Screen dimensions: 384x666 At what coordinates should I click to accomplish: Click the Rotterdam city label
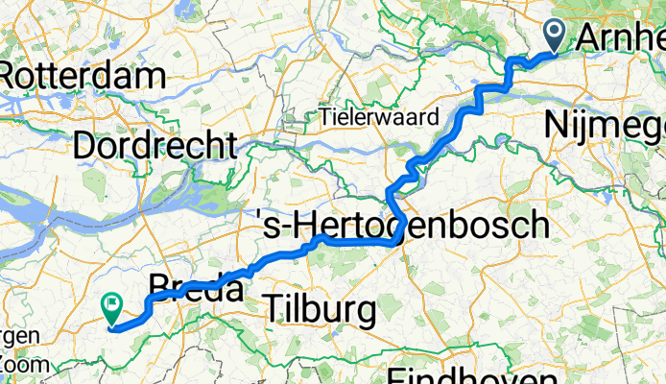point(84,75)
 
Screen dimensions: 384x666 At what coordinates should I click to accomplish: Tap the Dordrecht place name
point(154,147)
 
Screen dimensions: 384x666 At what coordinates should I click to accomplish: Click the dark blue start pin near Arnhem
point(556,35)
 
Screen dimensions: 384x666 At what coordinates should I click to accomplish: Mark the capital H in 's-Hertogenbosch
point(304,227)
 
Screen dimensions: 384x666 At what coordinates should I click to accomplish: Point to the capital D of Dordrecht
point(84,147)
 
